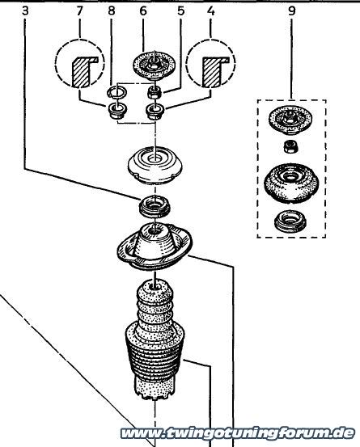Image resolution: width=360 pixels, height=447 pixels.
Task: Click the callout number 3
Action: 26,11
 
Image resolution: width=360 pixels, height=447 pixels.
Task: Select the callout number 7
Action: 79,11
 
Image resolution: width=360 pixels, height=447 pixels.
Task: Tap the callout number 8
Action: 112,11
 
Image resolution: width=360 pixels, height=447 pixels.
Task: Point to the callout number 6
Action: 143,11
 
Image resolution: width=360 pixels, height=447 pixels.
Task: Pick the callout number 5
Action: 180,11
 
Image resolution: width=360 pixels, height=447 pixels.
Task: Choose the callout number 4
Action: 211,11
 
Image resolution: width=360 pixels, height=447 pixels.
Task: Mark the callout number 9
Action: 291,11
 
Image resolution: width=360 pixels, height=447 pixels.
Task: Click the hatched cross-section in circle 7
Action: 83,71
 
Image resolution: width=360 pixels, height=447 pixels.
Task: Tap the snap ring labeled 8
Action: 117,92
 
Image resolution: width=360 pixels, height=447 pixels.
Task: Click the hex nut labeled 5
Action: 155,92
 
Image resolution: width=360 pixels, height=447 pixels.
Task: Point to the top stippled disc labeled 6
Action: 154,65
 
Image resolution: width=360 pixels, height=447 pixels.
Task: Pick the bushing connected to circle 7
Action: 117,112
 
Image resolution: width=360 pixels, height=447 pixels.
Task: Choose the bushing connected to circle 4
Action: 155,112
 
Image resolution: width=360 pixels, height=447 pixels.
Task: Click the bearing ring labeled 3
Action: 155,206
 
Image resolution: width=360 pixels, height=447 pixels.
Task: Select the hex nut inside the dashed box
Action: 290,146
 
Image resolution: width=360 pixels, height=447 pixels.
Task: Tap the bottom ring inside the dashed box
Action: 290,221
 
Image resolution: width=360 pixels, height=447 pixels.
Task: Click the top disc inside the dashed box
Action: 290,120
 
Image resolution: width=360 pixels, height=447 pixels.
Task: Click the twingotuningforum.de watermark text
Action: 238,433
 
